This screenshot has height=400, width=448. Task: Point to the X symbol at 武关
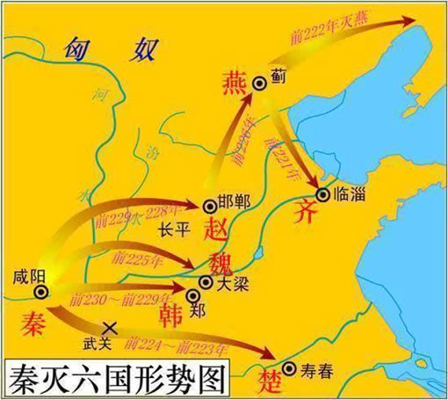112,325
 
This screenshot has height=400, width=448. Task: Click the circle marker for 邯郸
209,207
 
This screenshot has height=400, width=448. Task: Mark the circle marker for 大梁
206,282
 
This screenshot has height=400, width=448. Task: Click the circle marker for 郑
181,292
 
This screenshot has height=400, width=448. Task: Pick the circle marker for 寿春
290,368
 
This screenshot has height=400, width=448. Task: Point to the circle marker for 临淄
323,194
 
